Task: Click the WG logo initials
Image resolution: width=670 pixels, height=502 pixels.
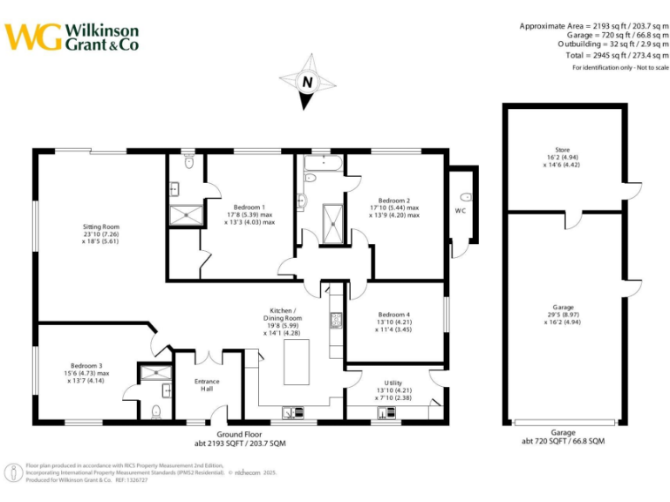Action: click(x=34, y=37)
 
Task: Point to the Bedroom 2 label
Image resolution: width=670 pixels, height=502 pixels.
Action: click(x=394, y=200)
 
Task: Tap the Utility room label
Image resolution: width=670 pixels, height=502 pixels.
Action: click(x=393, y=383)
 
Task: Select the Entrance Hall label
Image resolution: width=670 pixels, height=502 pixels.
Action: click(x=207, y=382)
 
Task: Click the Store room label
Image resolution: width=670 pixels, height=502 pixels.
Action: click(x=562, y=150)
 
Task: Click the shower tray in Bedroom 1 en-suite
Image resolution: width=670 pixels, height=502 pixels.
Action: click(x=185, y=213)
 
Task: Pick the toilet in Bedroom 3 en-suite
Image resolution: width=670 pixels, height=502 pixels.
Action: click(x=156, y=411)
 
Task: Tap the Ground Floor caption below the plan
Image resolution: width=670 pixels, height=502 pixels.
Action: click(x=242, y=433)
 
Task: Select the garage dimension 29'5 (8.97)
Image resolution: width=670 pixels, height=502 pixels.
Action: click(x=563, y=315)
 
